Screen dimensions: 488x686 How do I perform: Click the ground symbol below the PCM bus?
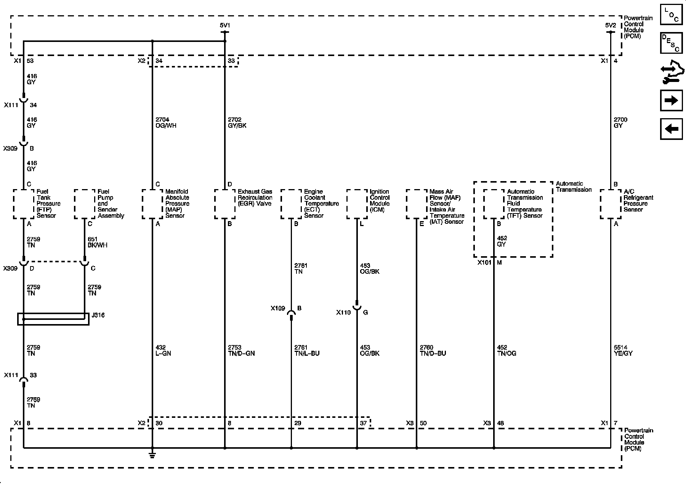click(x=152, y=455)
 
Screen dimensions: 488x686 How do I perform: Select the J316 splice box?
click(x=53, y=319)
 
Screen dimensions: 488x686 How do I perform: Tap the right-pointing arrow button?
click(x=671, y=101)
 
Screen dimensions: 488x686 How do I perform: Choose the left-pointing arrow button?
click(x=671, y=129)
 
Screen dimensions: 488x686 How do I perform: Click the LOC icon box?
click(x=671, y=15)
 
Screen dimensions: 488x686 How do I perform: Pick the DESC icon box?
click(x=671, y=43)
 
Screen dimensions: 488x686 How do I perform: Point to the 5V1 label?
click(x=225, y=25)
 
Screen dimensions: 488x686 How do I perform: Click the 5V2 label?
click(x=610, y=25)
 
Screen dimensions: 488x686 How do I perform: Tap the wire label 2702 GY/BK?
click(x=237, y=123)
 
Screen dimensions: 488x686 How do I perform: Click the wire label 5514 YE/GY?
click(x=623, y=350)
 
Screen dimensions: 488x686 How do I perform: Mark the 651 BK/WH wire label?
click(x=97, y=242)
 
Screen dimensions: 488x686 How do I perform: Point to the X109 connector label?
click(x=278, y=308)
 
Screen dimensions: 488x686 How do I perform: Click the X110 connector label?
click(x=343, y=313)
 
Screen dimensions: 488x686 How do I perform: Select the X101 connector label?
click(x=484, y=263)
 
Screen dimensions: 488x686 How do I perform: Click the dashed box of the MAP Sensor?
click(x=152, y=204)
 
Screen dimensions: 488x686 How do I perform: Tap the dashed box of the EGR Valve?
click(x=224, y=204)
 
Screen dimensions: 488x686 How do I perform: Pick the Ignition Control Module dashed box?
click(x=357, y=204)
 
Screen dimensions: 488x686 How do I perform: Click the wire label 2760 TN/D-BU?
click(x=433, y=350)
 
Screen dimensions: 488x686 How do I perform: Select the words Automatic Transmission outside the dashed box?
click(x=574, y=186)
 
